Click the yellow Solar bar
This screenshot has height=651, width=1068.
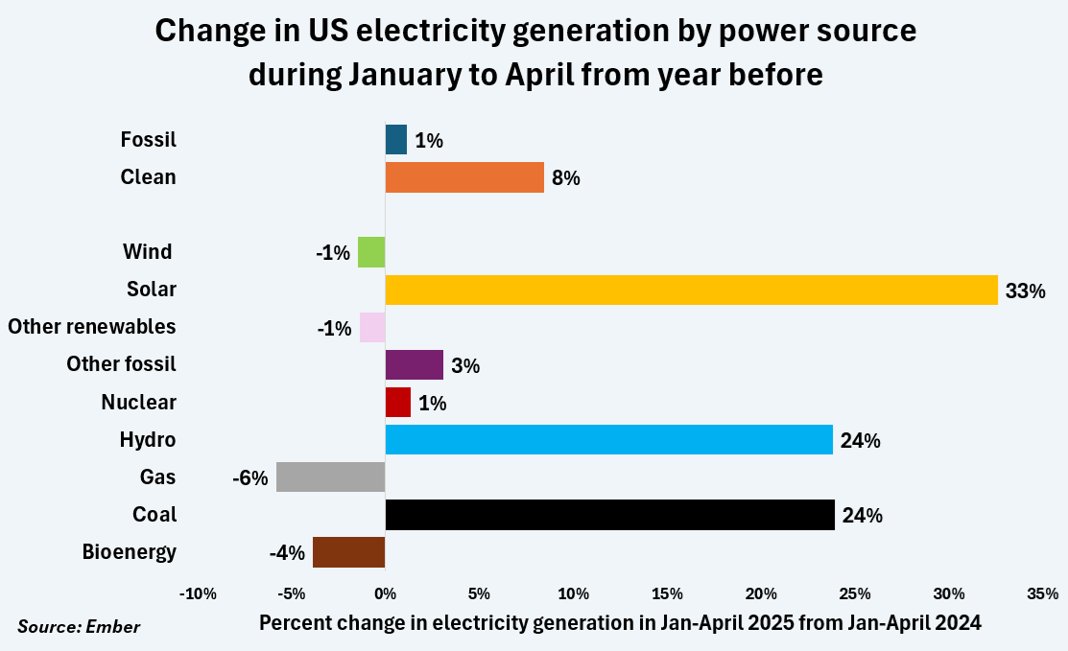tap(691, 290)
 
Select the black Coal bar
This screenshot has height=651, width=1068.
tap(609, 515)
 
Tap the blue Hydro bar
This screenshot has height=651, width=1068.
tap(608, 440)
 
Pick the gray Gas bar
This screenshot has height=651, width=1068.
tap(330, 477)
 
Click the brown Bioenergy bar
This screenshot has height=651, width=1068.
tap(348, 552)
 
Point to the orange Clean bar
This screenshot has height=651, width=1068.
tap(464, 177)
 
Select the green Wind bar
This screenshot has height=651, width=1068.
tap(371, 252)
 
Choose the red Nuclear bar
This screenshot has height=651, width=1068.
tap(397, 403)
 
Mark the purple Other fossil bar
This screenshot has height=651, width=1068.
tap(414, 365)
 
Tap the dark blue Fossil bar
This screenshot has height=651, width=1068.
tap(395, 140)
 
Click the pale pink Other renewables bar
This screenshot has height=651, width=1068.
tap(372, 328)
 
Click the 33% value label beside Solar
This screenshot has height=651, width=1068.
tap(1025, 291)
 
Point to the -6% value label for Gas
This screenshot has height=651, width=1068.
tap(249, 477)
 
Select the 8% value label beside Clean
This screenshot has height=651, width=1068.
tap(566, 178)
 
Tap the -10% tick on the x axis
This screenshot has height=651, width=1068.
tap(197, 593)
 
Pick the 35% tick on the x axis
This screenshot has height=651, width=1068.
tap(1043, 593)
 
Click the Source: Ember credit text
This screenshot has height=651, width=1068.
tap(79, 627)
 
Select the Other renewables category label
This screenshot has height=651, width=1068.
tap(92, 327)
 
